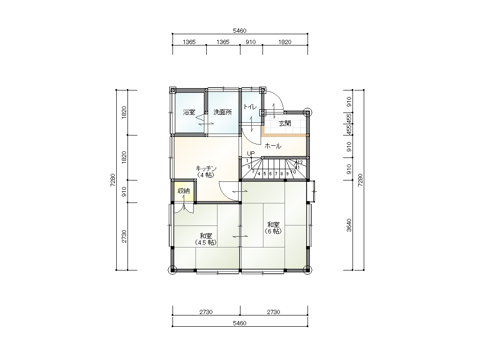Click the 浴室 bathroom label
pyautogui.click(x=189, y=112)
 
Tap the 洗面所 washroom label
pyautogui.click(x=223, y=112)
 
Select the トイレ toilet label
pyautogui.click(x=250, y=106)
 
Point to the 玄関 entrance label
pyautogui.click(x=285, y=123)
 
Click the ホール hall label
pyautogui.click(x=273, y=146)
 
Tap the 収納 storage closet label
pyautogui.click(x=184, y=191)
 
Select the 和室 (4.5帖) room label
pyautogui.click(x=206, y=239)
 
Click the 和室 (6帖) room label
pyautogui.click(x=273, y=228)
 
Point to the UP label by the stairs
pyautogui.click(x=251, y=153)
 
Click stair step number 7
pyautogui.click(x=276, y=174)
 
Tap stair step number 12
pyautogui.click(x=300, y=162)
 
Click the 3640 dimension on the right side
pyautogui.click(x=349, y=225)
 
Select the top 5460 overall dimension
pyautogui.click(x=240, y=30)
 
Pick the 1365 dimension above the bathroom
pyautogui.click(x=189, y=42)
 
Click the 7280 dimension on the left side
pyautogui.click(x=113, y=180)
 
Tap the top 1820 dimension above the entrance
pyautogui.click(x=285, y=42)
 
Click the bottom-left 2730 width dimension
pyautogui.click(x=206, y=312)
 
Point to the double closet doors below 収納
pyautogui.click(x=184, y=208)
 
